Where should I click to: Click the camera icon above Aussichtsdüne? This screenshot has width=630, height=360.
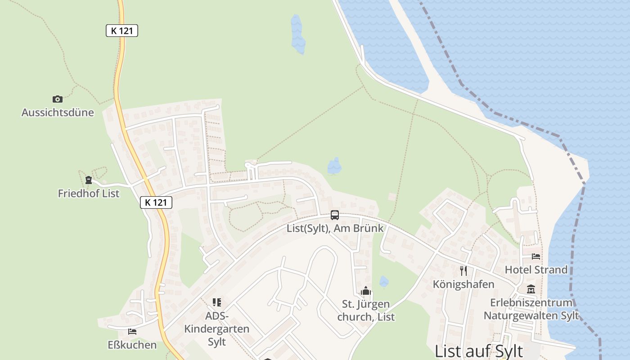[x=58, y=99]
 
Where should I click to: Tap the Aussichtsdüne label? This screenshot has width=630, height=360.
[x=58, y=112]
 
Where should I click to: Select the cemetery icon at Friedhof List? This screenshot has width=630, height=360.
[x=89, y=180]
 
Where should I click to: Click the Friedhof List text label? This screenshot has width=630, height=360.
[x=89, y=193]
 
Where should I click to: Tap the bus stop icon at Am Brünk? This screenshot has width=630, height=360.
[x=335, y=215]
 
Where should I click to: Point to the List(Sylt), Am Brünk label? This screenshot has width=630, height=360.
[x=335, y=228]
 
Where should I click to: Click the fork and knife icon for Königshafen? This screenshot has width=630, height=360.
[x=463, y=270]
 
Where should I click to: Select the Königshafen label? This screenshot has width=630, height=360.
[x=463, y=284]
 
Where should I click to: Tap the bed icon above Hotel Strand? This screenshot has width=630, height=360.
[x=536, y=256]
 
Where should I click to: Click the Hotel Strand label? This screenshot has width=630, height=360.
[x=536, y=270]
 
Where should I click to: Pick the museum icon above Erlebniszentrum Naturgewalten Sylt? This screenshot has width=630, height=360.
[x=531, y=289]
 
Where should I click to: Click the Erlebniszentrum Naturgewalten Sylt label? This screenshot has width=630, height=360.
[x=531, y=309]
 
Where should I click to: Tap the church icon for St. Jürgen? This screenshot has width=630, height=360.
[x=366, y=291]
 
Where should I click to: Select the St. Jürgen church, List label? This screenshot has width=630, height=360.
[x=366, y=310]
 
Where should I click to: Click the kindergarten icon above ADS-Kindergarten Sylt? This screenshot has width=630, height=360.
[x=217, y=302]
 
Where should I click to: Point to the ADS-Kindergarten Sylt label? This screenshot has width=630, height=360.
[x=217, y=329]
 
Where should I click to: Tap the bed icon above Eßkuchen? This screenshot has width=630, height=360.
[x=132, y=332]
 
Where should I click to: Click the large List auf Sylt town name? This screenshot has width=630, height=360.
[x=479, y=351]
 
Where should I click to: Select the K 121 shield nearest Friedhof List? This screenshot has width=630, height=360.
[x=156, y=202]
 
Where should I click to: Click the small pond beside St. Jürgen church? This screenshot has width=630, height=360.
[x=383, y=282]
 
